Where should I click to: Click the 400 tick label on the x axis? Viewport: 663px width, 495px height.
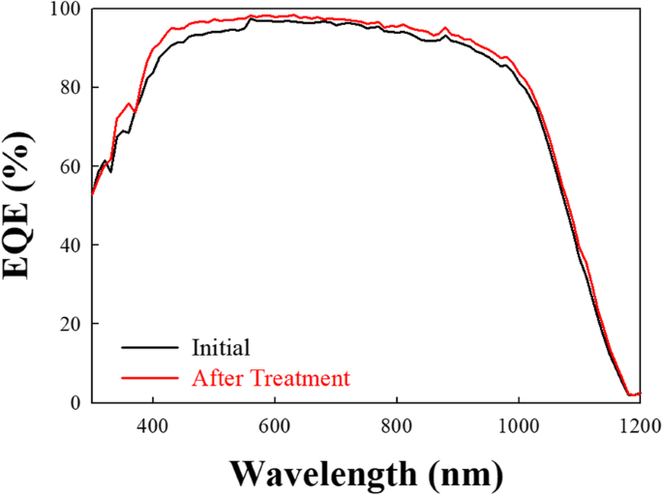click(153, 424)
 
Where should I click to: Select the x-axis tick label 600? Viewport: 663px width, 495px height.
click(275, 424)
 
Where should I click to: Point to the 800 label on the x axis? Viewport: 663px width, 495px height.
click(397, 424)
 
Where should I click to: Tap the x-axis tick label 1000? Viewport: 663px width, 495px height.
click(519, 424)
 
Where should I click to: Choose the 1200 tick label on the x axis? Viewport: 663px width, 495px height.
click(639, 424)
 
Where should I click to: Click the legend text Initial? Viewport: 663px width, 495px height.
click(221, 348)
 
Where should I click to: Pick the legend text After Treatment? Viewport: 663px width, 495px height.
click(271, 377)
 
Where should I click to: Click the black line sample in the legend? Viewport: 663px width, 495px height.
click(151, 348)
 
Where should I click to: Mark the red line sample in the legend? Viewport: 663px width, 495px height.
click(151, 377)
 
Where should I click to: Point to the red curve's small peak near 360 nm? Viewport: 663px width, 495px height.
click(129, 102)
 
